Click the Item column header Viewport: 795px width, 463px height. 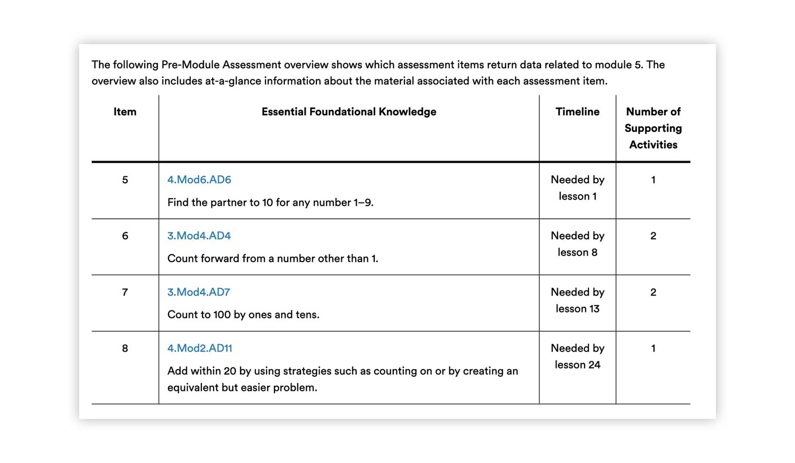point(125,112)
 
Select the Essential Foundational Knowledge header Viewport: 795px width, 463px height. point(349,112)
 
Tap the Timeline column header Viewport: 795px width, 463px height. point(577,112)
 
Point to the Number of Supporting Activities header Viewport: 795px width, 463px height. point(653,128)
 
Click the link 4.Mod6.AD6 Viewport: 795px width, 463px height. point(199,180)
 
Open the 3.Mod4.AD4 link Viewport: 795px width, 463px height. point(199,236)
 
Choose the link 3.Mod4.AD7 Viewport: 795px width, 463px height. point(199,292)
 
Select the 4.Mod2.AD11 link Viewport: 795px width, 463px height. point(200,348)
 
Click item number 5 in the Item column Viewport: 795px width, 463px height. point(125,180)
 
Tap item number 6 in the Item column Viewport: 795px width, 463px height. point(125,236)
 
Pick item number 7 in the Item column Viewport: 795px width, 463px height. point(125,292)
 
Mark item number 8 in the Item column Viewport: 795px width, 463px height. point(125,349)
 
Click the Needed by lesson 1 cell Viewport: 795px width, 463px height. point(577,188)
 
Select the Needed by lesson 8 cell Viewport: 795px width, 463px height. point(577,244)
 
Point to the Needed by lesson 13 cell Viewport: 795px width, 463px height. point(577,300)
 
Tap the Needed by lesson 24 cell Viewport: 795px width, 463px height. point(577,357)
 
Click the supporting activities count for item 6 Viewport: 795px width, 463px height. point(653,236)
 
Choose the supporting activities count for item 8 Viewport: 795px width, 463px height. point(653,349)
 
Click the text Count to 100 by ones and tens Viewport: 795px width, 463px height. point(243,315)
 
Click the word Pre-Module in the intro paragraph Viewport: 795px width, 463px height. point(191,65)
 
